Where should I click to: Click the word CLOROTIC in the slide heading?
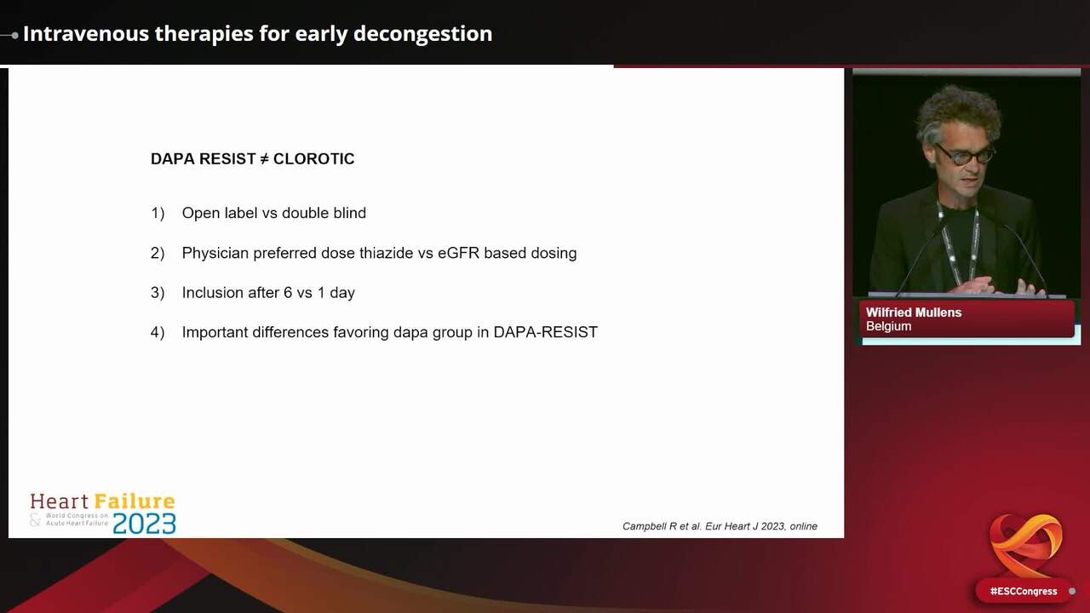(313, 159)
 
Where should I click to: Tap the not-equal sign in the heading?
(264, 159)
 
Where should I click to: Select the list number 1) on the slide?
(158, 213)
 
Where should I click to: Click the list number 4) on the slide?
(158, 333)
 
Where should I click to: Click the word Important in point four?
(215, 333)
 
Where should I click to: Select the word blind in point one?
(347, 213)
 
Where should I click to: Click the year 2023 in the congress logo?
(144, 523)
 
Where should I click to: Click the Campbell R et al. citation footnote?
(720, 526)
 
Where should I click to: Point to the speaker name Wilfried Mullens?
(914, 312)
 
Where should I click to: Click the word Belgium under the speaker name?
(888, 326)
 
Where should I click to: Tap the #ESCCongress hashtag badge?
(1023, 591)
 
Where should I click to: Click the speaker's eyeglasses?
(965, 155)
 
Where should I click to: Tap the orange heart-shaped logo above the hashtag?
(1025, 546)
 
